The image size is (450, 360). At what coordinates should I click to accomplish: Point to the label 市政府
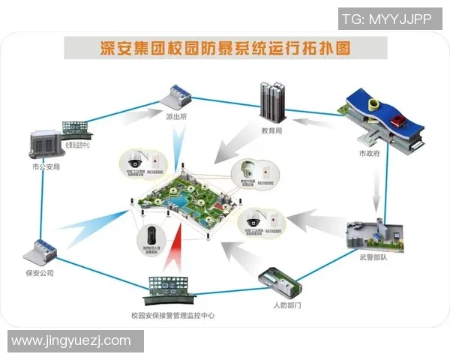[367, 154]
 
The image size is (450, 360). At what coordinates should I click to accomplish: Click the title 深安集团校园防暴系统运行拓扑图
[226, 49]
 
